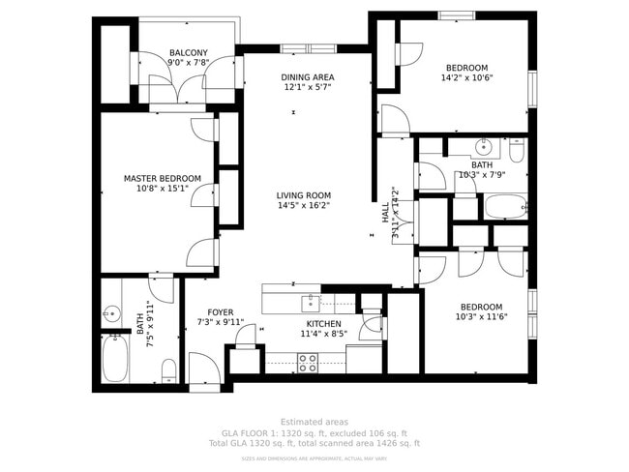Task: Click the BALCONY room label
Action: [188, 52]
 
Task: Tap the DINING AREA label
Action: [308, 77]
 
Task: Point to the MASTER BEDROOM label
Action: [162, 178]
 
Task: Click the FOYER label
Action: [220, 311]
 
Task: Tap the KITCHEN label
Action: [324, 323]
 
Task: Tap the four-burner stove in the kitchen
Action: [308, 363]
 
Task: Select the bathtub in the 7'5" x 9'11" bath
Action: [118, 358]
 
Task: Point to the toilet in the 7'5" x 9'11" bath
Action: [168, 369]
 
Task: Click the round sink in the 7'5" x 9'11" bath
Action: [111, 313]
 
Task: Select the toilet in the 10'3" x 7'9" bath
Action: [517, 152]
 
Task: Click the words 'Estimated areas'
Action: [314, 422]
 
